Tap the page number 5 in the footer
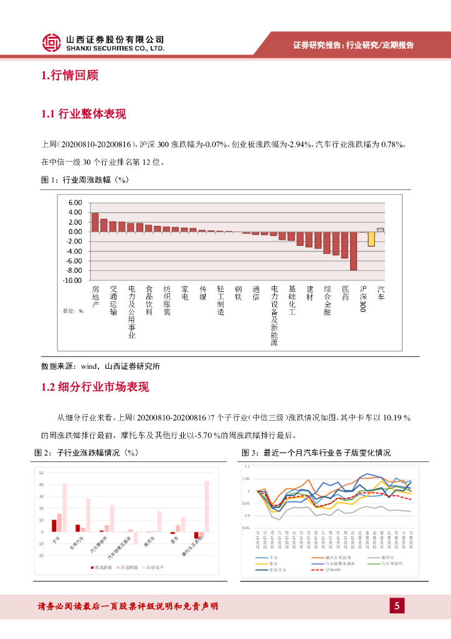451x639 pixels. (x=396, y=605)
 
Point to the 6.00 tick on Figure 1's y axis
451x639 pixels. (x=75, y=203)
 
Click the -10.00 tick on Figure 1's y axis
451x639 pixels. (x=72, y=280)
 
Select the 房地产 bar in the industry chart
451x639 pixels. (x=95, y=222)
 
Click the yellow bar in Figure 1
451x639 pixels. (x=371, y=238)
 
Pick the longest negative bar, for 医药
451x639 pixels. (x=353, y=251)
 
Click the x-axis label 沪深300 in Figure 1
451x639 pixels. (x=363, y=299)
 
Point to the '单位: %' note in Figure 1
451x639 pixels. (x=73, y=310)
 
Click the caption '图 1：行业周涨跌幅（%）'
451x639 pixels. (x=84, y=180)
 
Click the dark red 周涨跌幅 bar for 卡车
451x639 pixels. (x=54, y=525)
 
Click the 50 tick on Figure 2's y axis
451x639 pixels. (x=41, y=472)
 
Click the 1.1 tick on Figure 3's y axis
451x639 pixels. (x=247, y=467)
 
